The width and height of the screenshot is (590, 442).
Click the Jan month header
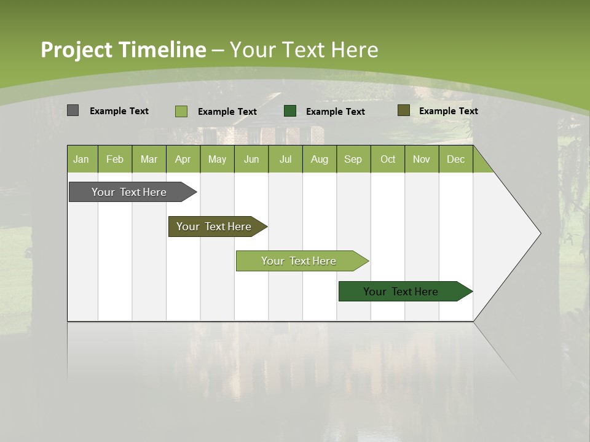[82, 159]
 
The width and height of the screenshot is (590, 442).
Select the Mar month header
[149, 159]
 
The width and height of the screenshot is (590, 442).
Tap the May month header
[217, 159]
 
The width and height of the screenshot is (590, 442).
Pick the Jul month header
[285, 159]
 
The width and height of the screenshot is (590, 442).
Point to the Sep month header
[353, 159]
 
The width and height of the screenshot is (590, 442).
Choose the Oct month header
[388, 159]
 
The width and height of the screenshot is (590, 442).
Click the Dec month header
[455, 159]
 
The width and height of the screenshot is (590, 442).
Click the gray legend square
[73, 110]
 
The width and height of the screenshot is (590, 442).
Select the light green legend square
[181, 111]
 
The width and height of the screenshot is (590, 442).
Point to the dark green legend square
[290, 110]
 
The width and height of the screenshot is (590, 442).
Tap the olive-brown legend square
[403, 110]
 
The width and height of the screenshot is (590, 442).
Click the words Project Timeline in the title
[124, 50]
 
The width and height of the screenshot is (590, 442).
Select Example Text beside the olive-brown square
[448, 111]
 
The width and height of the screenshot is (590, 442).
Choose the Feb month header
[115, 159]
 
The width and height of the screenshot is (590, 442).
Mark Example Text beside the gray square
[119, 111]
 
